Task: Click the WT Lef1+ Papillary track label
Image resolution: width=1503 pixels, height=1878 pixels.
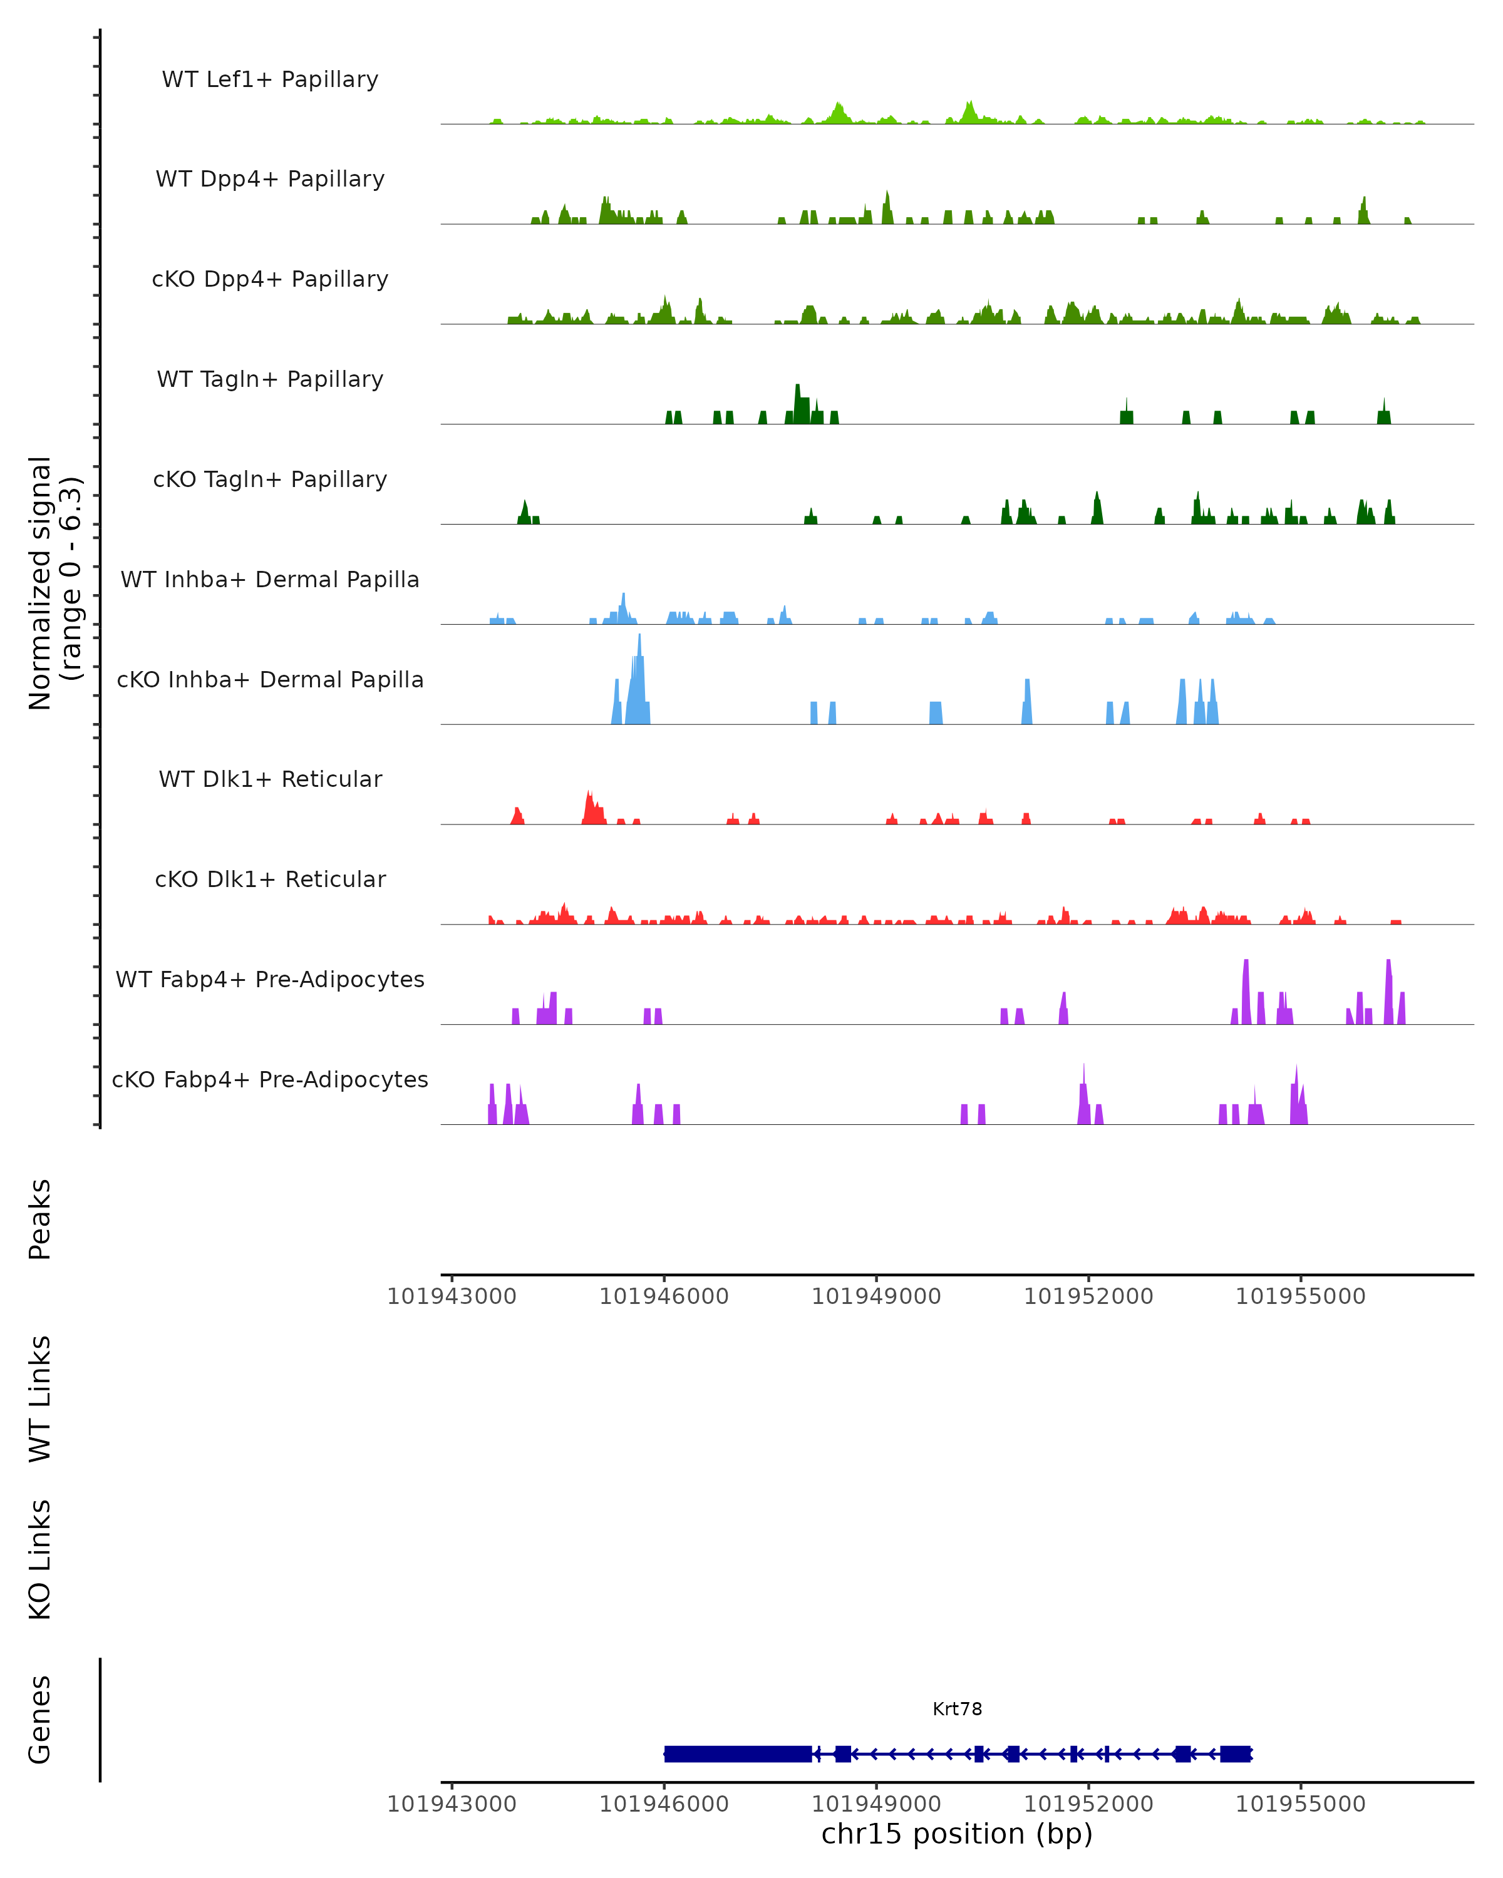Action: tap(270, 80)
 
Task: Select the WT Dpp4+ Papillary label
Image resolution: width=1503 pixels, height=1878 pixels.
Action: tap(270, 180)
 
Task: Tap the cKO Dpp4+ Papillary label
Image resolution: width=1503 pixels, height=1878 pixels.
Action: tap(270, 280)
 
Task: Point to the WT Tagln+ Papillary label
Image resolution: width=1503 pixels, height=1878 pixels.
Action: tap(270, 380)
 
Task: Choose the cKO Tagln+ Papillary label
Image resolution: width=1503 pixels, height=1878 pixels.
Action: tap(270, 480)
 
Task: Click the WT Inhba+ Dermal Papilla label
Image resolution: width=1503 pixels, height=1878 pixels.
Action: tap(270, 580)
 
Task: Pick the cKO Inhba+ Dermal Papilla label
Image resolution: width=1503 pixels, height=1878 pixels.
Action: tap(270, 680)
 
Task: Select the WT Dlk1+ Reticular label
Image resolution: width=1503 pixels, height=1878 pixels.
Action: tap(270, 779)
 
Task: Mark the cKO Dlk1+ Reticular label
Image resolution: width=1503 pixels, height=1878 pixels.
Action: tap(270, 880)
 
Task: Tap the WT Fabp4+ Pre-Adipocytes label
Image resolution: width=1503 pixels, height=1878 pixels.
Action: tap(270, 980)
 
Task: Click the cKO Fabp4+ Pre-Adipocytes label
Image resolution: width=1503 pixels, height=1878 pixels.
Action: tap(270, 1080)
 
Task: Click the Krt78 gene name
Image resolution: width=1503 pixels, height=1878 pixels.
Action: tap(957, 1709)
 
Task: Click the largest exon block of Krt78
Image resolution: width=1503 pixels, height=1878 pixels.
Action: tap(737, 1753)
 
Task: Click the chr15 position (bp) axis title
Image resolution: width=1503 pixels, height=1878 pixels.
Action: tap(957, 1834)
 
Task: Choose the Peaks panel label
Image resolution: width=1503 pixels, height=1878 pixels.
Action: tap(40, 1219)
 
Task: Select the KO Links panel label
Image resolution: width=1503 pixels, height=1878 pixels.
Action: tap(40, 1559)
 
